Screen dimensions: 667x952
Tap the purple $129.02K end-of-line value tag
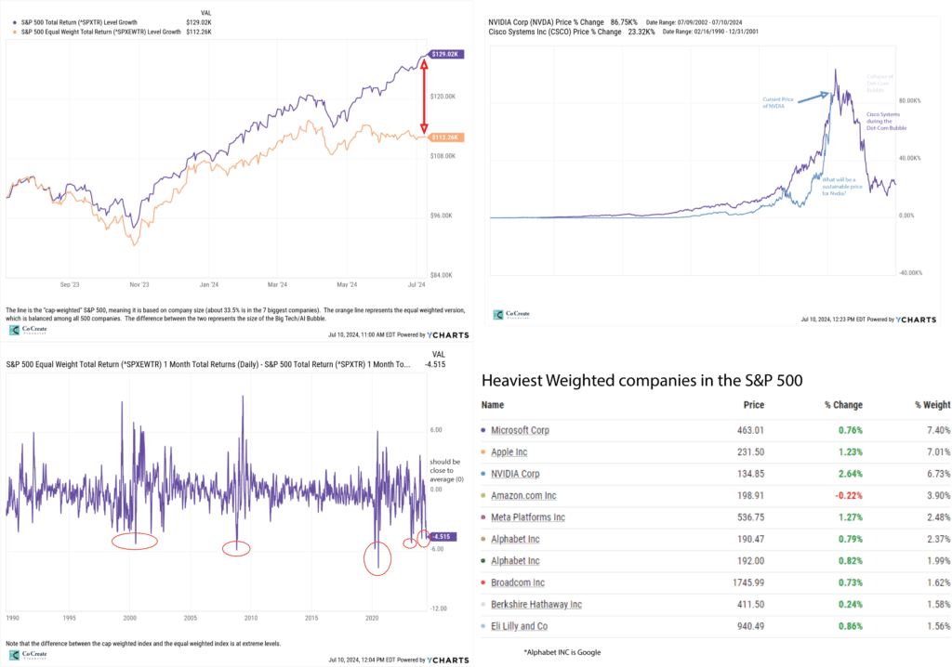click(445, 55)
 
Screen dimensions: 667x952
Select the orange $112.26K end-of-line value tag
click(445, 137)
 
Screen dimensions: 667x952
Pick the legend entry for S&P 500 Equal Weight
click(109, 33)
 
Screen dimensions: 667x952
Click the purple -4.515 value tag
click(441, 536)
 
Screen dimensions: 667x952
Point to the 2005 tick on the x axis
click(191, 617)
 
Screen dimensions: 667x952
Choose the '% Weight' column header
click(930, 405)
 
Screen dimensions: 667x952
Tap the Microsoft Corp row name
click(520, 430)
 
